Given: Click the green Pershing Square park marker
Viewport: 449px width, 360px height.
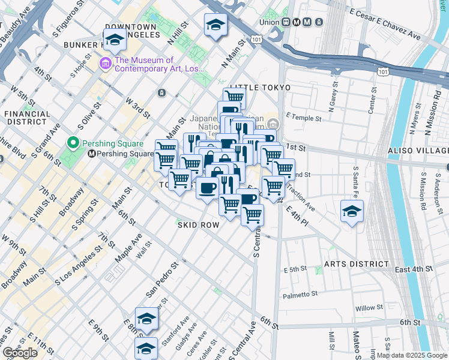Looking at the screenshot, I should point(73,143).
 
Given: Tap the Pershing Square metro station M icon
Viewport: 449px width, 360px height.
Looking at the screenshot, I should point(92,154).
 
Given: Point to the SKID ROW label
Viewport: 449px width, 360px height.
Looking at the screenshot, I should point(197,224).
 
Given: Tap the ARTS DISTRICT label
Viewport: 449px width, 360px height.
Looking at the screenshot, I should point(357,264).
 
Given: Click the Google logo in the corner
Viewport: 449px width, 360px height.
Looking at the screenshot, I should point(20,353).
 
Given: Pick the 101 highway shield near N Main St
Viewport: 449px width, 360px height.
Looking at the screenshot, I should point(256,39).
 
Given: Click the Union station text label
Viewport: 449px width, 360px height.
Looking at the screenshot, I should point(270,22).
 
